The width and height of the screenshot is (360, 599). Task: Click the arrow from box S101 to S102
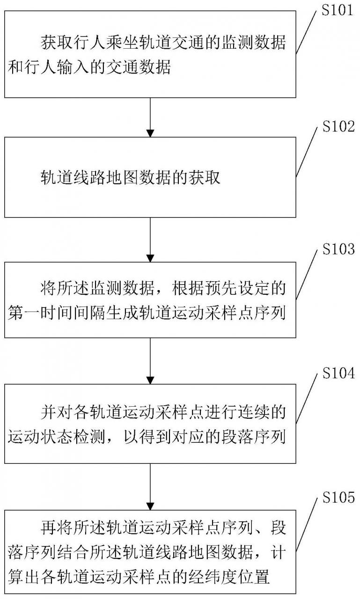click(150, 117)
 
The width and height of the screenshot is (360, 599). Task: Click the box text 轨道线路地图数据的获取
click(130, 178)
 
